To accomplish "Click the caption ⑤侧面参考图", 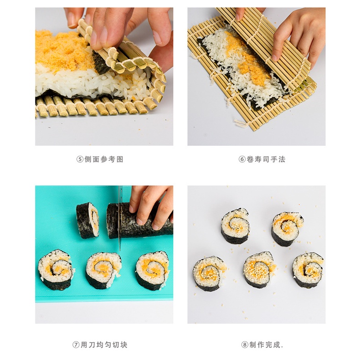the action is coord(100,159).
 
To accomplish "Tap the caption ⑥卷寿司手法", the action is coord(262,159).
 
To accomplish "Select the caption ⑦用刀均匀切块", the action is coord(100,345).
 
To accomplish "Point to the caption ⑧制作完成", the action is coord(262,345).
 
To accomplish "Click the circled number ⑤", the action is coord(80,159).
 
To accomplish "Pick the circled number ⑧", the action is coord(245,345).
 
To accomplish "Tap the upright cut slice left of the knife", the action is coord(87,221).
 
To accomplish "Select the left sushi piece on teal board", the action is coord(55,269).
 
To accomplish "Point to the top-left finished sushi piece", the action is coord(235,226).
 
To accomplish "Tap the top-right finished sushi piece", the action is coord(287,229).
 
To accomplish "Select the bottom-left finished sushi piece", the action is coord(209,274).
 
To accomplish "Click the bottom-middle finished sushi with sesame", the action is coord(259,269).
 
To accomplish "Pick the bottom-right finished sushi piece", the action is coord(308,270).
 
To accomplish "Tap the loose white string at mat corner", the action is coord(241,123).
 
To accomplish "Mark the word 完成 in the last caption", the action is coord(273,345).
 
